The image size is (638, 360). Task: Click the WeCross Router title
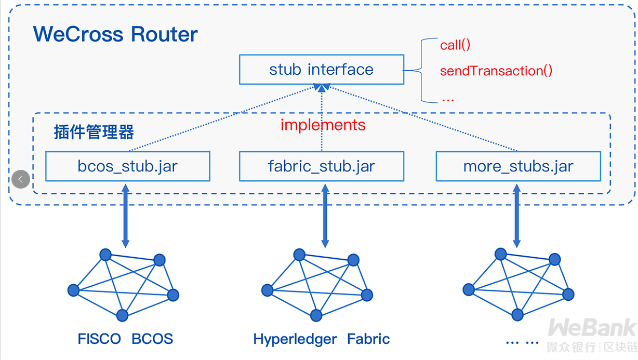(x=115, y=34)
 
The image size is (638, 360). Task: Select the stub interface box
(x=321, y=70)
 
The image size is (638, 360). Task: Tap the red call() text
(x=455, y=45)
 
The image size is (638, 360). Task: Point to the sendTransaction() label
(x=496, y=71)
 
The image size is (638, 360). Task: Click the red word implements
(x=323, y=125)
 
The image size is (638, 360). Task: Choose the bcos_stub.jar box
(x=128, y=166)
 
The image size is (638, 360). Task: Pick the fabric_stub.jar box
(x=321, y=166)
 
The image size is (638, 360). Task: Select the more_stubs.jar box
(x=518, y=166)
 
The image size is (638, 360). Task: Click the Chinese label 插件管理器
(x=94, y=132)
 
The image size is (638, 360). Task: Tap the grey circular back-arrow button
(x=21, y=179)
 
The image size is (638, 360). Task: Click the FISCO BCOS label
(x=125, y=339)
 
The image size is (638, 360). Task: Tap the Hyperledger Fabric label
(x=321, y=339)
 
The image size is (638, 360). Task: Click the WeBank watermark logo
(x=592, y=328)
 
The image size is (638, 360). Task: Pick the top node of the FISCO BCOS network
(x=105, y=255)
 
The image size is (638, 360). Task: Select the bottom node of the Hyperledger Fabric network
(x=316, y=315)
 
